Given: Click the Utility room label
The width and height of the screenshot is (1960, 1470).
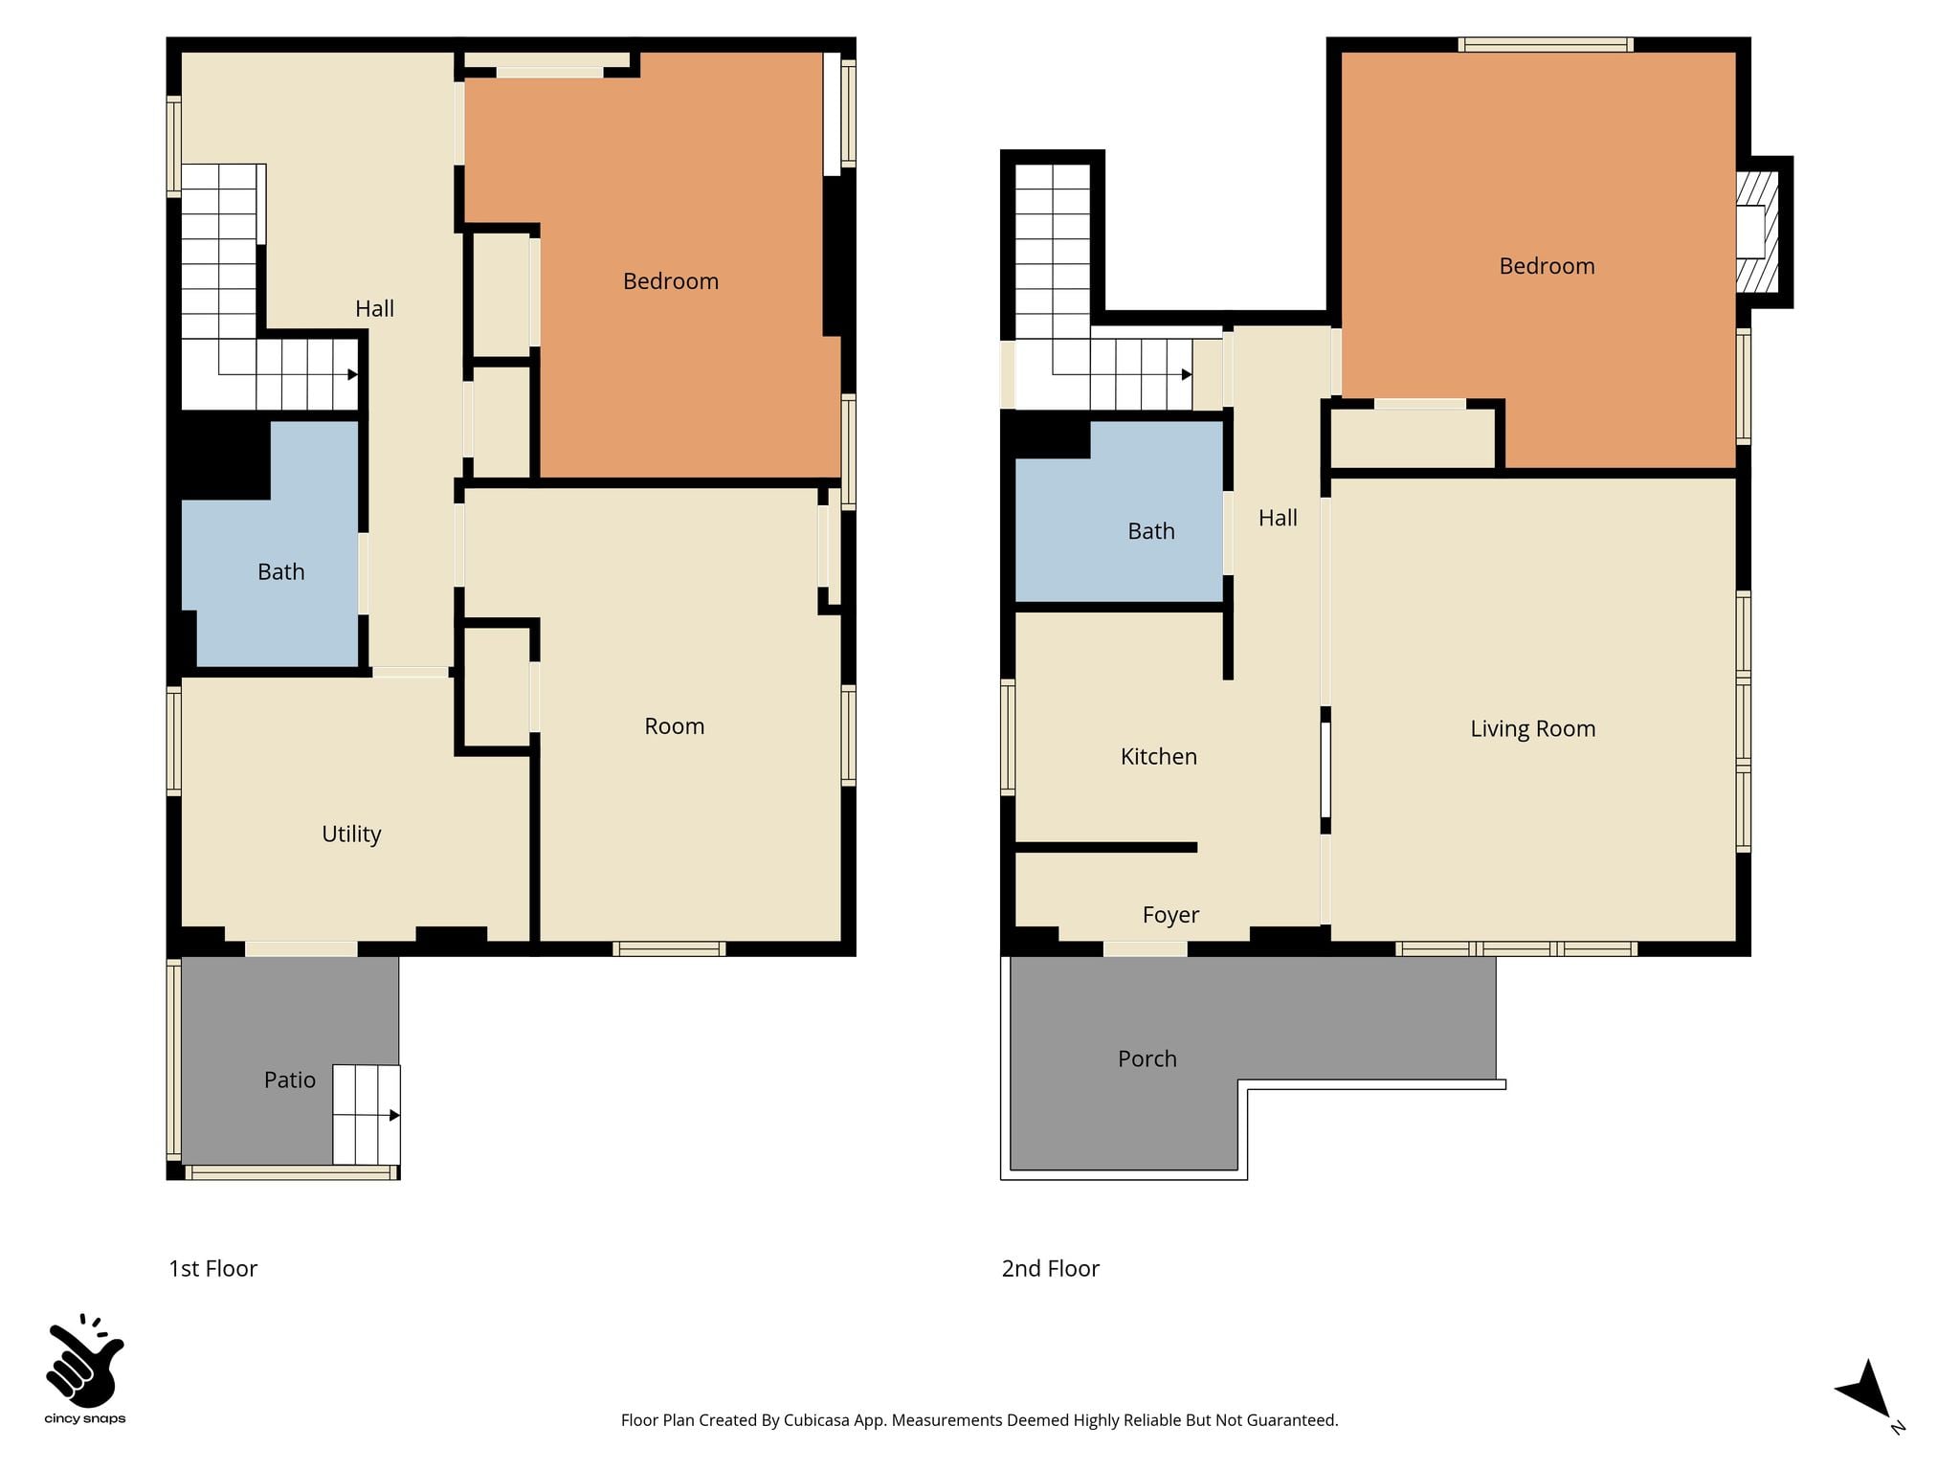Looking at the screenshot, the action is point(351,835).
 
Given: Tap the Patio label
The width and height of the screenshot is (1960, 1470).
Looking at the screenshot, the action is point(290,1080).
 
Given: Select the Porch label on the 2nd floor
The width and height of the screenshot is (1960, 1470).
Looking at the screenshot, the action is point(1147,1058).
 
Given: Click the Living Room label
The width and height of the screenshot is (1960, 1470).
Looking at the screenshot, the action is point(1533,729).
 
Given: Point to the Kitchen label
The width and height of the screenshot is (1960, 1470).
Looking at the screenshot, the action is point(1159,756).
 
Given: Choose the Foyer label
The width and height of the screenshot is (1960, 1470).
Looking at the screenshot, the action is point(1170,915).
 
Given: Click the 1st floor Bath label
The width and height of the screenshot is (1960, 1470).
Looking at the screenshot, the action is point(281,571).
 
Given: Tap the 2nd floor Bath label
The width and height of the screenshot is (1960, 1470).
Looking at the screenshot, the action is point(1151,531).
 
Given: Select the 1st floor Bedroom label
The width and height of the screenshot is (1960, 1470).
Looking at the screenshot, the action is point(671,281).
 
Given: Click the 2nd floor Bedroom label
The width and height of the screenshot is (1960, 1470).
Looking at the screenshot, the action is point(1548,266).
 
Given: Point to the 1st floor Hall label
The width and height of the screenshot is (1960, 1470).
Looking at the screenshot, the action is point(374,308).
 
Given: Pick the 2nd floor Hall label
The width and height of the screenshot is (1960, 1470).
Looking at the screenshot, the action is point(1278,518).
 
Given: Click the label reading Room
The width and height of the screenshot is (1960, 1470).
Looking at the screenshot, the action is point(675,726).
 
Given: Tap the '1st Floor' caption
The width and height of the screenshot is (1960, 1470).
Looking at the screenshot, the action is point(213,1268).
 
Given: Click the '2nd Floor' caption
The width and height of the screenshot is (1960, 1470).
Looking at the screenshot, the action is point(1051,1268).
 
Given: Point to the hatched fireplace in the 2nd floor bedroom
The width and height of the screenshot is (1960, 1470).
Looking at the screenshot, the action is point(1757,232).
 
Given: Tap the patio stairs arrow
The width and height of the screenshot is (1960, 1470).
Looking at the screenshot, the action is point(367,1115).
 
